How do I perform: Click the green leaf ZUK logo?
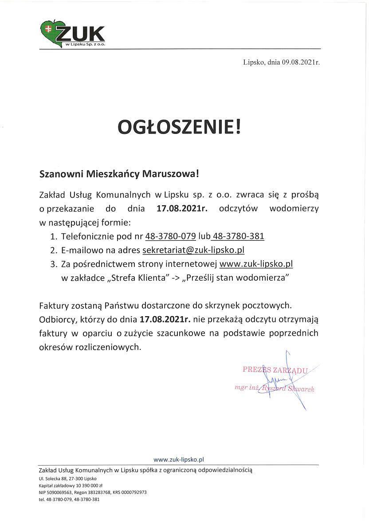72,34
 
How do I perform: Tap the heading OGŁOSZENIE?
181,127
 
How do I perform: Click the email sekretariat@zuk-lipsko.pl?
193,250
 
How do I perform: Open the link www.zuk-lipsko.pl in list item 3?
256,264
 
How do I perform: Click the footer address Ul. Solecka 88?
52,479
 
